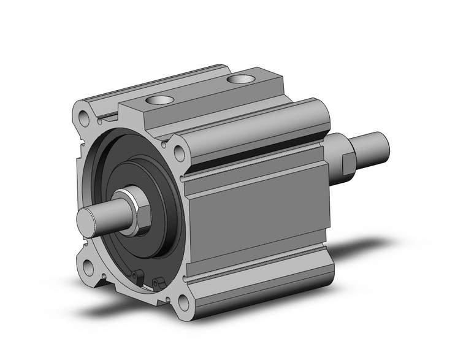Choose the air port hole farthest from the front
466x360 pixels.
pos(240,79)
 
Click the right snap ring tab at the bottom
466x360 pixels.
pos(161,283)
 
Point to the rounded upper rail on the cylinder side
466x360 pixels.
pos(258,132)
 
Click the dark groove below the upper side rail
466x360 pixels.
pos(258,163)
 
